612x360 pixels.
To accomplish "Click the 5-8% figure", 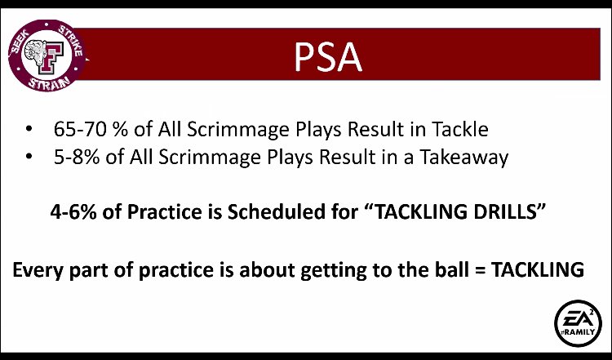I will [78, 157].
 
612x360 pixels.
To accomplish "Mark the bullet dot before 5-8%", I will [30, 158].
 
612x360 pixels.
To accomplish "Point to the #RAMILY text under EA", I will [576, 334].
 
